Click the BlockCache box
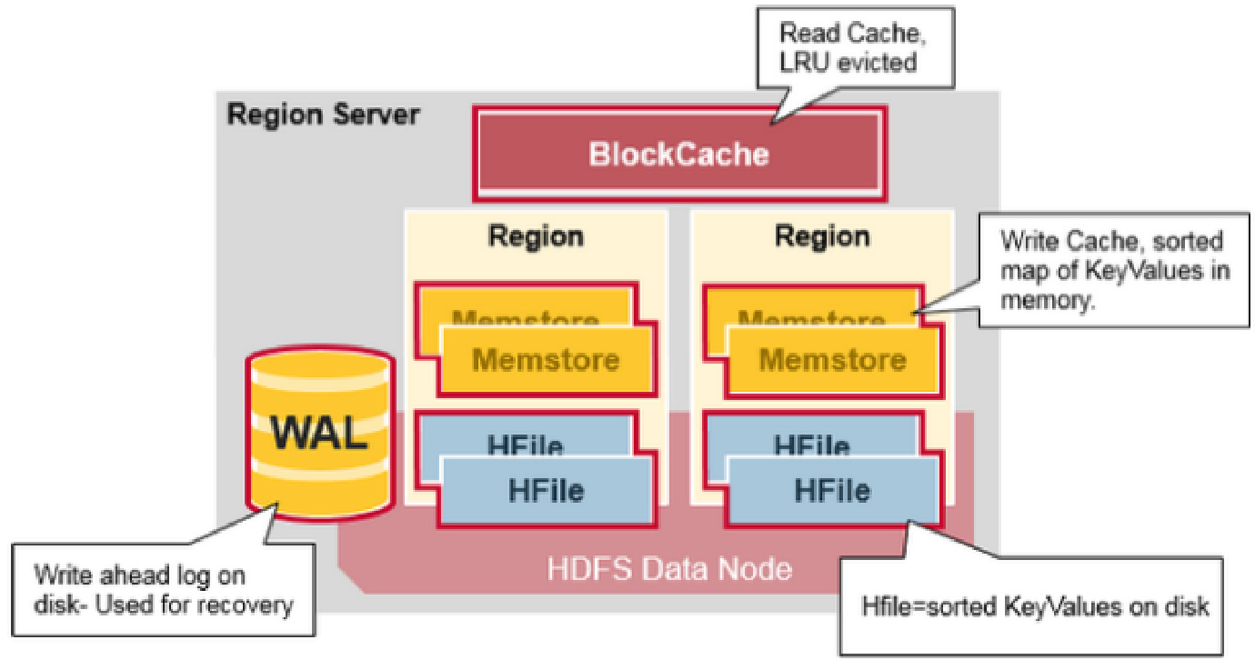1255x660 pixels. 679,154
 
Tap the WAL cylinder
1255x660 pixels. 320,433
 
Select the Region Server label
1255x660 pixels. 323,115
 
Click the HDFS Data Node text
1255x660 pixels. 669,569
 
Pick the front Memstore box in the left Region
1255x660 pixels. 547,360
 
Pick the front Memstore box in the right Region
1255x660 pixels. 833,360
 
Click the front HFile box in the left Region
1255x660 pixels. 547,491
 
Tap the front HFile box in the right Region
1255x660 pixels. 833,491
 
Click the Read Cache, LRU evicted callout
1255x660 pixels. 856,47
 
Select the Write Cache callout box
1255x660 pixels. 1114,270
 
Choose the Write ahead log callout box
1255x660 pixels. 163,589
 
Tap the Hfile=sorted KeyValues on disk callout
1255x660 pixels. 1031,606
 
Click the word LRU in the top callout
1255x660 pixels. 804,62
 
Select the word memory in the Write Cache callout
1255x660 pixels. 1047,301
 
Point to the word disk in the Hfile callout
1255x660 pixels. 1186,606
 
